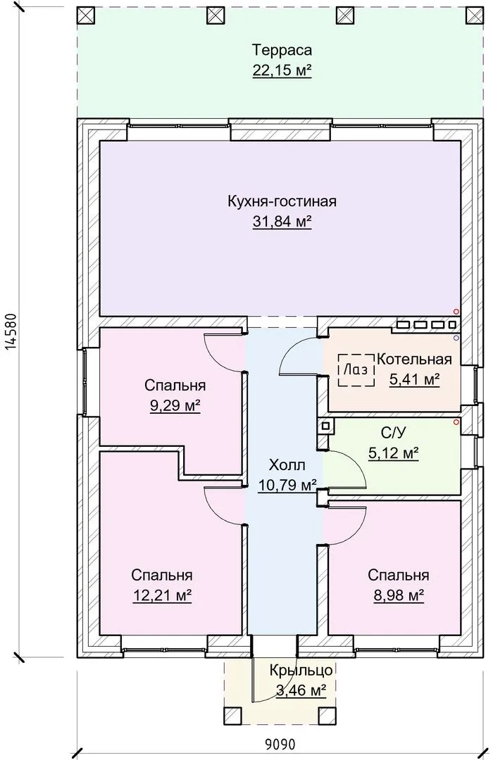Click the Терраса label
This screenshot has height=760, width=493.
click(282, 50)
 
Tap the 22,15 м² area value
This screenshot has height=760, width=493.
click(282, 70)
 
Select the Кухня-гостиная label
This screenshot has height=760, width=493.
click(282, 201)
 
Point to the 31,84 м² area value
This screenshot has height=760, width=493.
click(282, 222)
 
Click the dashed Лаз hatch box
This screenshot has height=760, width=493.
click(356, 370)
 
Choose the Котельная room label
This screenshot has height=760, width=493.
click(414, 359)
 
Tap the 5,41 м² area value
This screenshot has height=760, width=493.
click(414, 379)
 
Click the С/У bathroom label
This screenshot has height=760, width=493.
click(394, 432)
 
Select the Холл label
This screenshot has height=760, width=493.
click(287, 465)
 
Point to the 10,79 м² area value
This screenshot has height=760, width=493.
click(287, 485)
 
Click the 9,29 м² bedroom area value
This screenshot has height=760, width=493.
click(175, 405)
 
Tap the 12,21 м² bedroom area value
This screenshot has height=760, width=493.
click(162, 595)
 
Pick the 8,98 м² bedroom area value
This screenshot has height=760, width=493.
click(399, 595)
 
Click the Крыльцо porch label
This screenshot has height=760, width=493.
click(301, 670)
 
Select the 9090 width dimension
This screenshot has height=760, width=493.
click(280, 744)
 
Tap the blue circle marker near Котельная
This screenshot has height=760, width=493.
click(456, 337)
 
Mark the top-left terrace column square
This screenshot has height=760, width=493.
click(86, 15)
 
